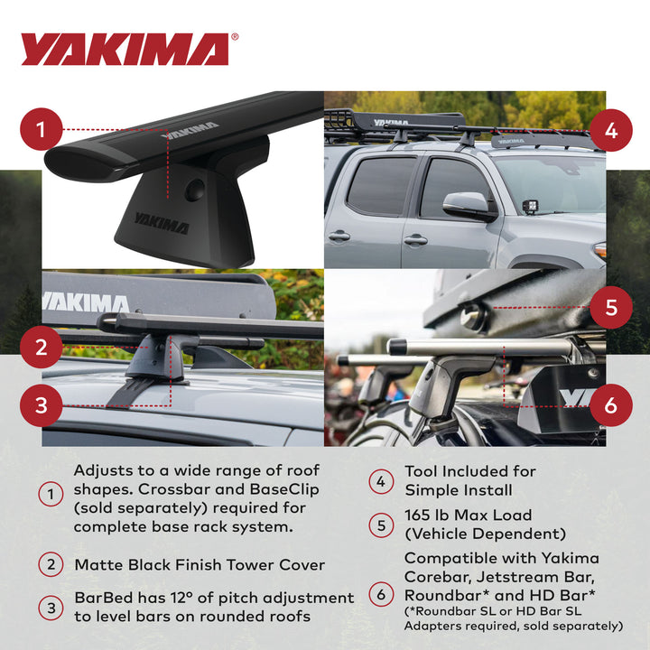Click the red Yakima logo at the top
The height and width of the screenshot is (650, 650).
[125, 49]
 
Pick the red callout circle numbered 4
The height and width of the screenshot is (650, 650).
[611, 130]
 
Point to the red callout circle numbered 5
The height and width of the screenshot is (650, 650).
[611, 307]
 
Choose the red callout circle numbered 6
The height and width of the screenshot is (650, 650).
[611, 404]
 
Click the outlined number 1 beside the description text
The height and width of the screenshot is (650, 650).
[51, 495]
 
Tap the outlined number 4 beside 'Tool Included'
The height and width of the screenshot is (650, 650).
[381, 480]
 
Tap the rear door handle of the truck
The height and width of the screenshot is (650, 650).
[339, 236]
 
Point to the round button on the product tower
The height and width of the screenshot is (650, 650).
[195, 190]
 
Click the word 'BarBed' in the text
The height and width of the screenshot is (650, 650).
[102, 598]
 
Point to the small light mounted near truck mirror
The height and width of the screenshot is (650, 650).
[530, 207]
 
